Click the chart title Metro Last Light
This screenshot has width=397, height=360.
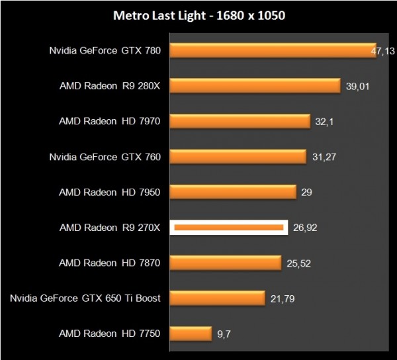[x=198, y=15]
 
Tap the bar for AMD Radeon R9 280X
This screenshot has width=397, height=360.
[x=255, y=86]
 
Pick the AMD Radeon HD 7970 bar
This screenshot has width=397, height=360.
[x=240, y=121]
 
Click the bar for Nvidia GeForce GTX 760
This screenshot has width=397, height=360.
[x=239, y=157]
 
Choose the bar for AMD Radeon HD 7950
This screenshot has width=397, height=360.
[x=234, y=192]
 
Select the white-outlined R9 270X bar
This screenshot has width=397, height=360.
[x=229, y=228]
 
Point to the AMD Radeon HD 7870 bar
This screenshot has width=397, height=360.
[x=226, y=263]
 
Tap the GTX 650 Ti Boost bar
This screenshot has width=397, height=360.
[x=218, y=298]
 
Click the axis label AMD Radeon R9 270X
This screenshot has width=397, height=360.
[x=110, y=228]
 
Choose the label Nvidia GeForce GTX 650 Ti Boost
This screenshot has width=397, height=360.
[x=85, y=298]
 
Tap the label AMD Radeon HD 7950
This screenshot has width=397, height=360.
[x=110, y=192]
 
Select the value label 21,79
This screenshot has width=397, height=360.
[x=283, y=298]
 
